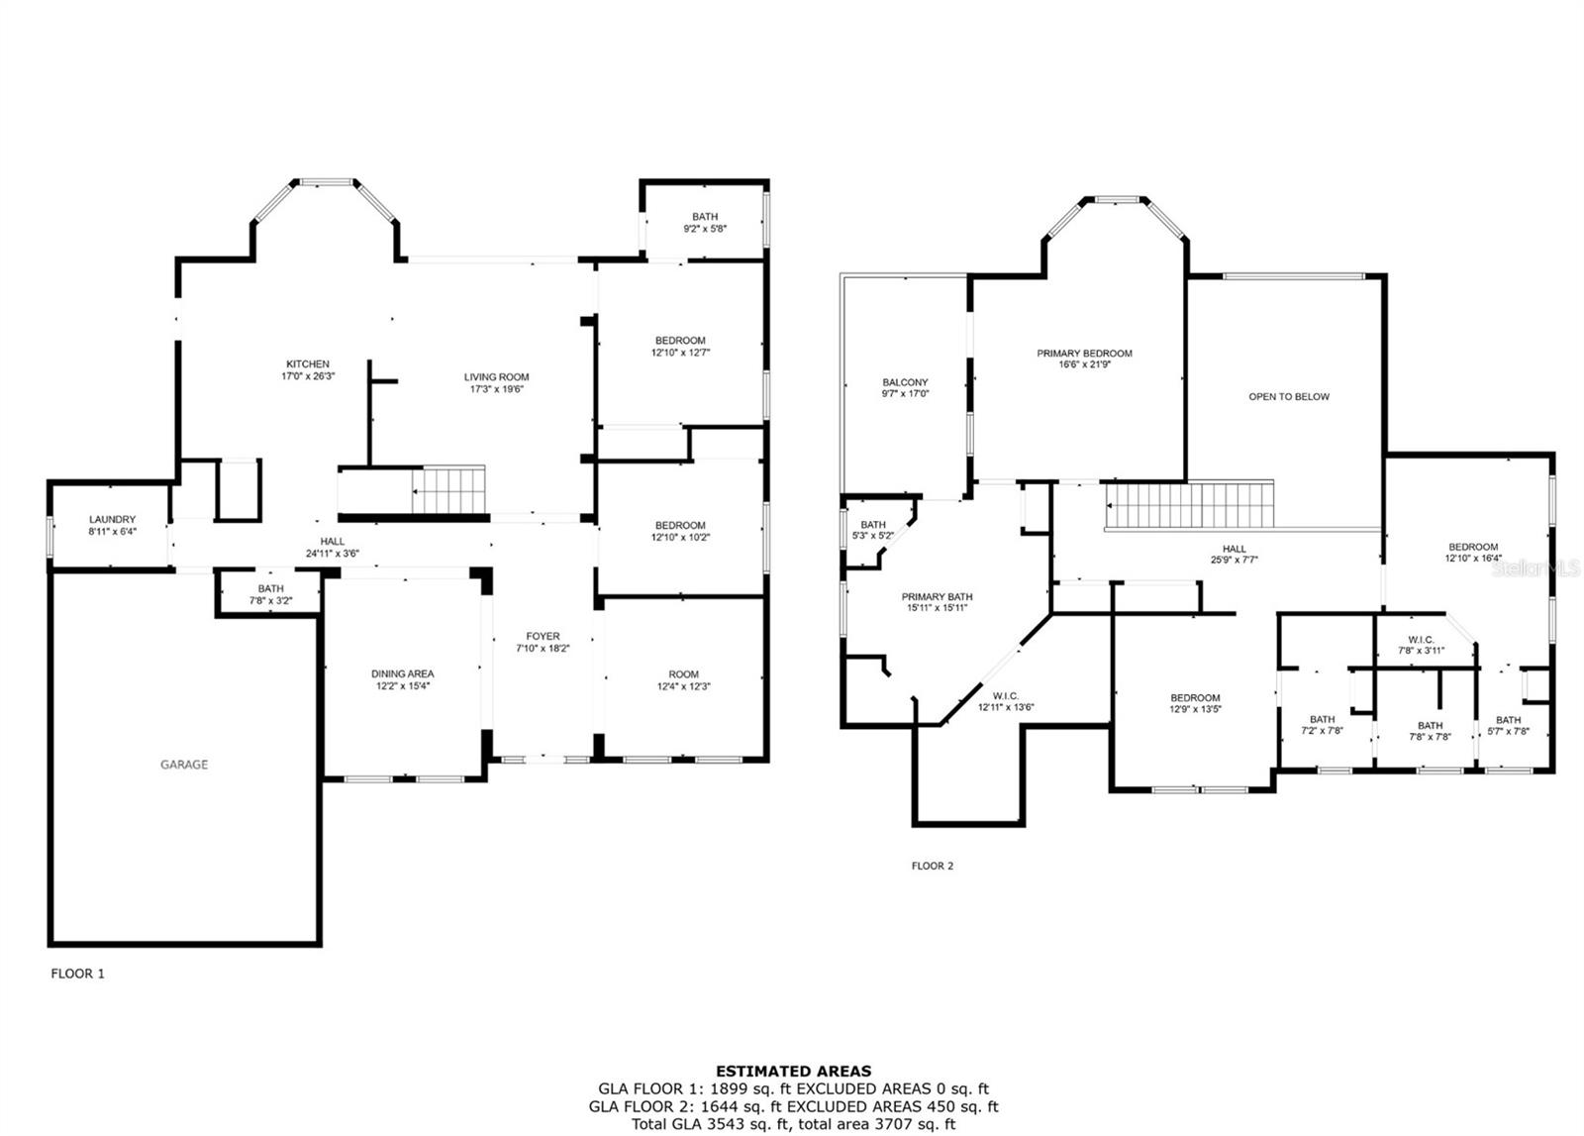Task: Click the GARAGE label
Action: tap(184, 765)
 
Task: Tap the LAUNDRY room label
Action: tap(113, 519)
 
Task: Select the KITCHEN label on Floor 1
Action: tap(308, 364)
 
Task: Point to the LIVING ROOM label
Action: tap(496, 377)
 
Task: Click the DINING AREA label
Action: tap(402, 674)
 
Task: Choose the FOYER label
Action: tap(544, 637)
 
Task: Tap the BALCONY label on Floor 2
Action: tap(905, 382)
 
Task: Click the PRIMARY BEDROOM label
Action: tap(1085, 354)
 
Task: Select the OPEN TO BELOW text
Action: tap(1289, 397)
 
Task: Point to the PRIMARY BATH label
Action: tap(937, 597)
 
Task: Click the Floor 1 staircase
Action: tap(449, 489)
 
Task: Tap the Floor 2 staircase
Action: tap(1190, 505)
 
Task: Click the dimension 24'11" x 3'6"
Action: tap(333, 554)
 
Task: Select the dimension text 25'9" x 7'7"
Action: tap(1234, 560)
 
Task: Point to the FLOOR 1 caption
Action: tap(78, 974)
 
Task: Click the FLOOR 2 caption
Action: tap(932, 866)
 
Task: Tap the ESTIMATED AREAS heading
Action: tap(793, 1072)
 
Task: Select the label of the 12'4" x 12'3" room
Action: tap(684, 674)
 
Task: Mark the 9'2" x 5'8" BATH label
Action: tap(705, 217)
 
